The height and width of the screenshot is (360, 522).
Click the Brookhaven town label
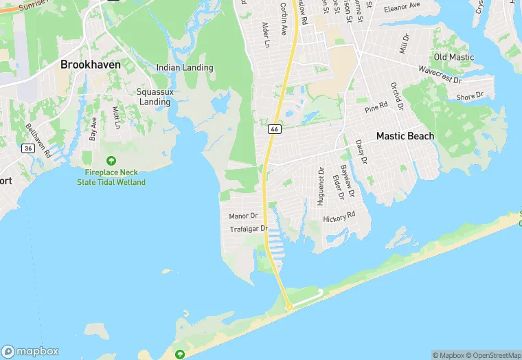coord(91,65)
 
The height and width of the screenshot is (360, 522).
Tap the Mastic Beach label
coord(405,136)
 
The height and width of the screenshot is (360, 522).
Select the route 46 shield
coord(274,129)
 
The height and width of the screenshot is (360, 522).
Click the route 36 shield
coord(27,148)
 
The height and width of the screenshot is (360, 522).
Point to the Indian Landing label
coord(185,68)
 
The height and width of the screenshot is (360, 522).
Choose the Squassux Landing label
coord(154,97)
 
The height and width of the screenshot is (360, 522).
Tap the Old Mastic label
coord(454,57)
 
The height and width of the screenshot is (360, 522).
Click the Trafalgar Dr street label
coord(248,229)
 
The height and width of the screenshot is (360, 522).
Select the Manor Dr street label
coord(243,216)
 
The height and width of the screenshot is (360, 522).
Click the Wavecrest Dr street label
coord(440,74)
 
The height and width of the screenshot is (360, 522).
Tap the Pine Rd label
coord(376,106)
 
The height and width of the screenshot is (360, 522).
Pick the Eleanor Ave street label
coord(402,8)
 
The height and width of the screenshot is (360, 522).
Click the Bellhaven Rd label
coord(38,140)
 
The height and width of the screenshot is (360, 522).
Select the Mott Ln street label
coord(116,117)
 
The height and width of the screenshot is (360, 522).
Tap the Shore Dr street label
coord(470,97)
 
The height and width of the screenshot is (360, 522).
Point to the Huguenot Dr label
coord(320,186)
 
